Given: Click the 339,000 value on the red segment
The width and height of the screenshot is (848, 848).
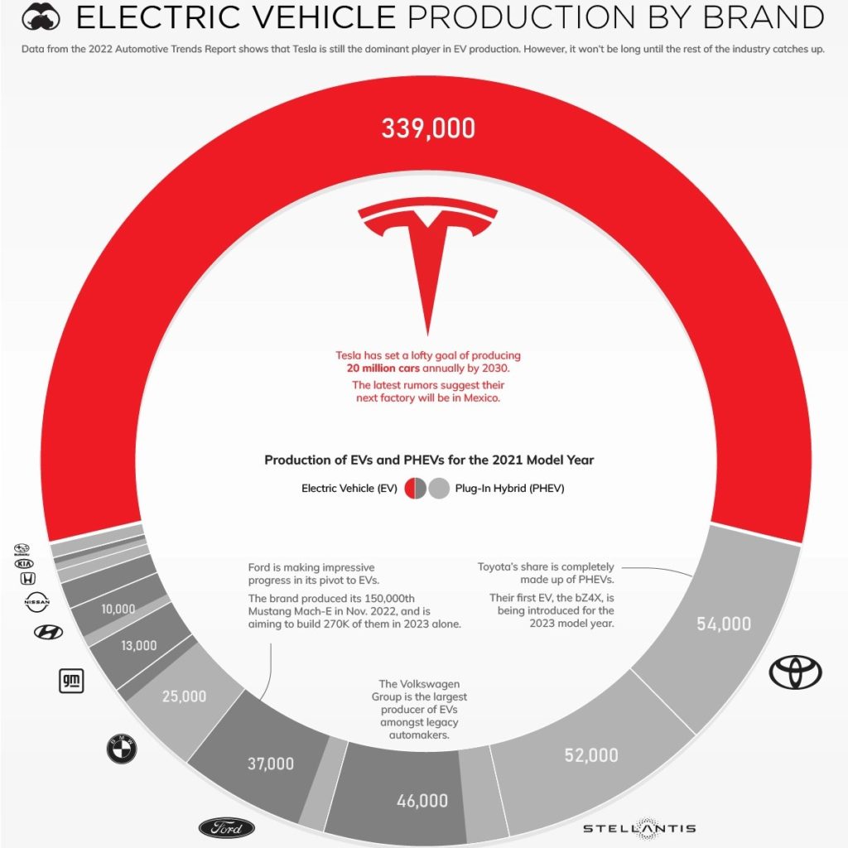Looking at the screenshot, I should point(428,129).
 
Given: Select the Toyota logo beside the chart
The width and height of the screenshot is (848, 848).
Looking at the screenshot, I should point(795,672).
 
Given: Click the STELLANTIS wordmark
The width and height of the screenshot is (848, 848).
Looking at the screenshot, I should point(638,828).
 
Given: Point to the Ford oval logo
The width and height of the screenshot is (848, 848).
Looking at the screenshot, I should point(227,827).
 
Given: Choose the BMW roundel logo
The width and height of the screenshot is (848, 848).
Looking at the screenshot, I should point(121,749).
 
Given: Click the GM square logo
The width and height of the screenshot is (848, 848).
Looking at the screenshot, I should point(70,681).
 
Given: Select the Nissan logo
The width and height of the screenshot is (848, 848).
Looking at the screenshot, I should point(38,603).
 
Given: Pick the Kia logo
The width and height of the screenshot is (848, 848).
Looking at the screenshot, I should point(25,562).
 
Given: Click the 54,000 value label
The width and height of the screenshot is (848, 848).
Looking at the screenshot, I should point(723,624).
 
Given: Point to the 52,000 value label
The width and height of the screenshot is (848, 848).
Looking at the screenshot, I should point(591,754).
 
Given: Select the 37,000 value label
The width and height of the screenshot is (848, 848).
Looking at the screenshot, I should point(271,764).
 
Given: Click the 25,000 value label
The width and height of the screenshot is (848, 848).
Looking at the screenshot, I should point(184,696).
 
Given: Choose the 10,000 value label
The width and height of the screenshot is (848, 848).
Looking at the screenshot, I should point(118,609).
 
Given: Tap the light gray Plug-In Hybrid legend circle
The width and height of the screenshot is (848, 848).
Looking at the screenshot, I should point(439,489).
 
